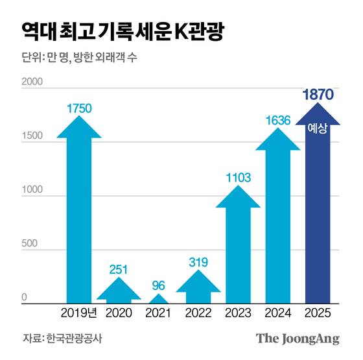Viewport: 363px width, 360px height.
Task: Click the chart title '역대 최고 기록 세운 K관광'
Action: point(123,32)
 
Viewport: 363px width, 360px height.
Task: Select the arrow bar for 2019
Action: point(79,214)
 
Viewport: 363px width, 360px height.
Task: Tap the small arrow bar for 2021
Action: point(158,299)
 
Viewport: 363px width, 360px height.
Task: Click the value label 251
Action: point(119,268)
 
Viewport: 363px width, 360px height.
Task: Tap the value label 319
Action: point(198,263)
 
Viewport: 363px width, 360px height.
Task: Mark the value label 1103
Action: point(238,177)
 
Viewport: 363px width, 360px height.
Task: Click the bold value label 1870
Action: point(318,95)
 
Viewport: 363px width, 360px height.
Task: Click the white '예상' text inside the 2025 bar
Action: point(318,129)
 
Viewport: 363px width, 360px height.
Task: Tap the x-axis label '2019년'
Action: point(79,313)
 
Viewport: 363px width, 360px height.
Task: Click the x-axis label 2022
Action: point(198,313)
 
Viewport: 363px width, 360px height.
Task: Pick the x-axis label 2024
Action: point(277,313)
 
